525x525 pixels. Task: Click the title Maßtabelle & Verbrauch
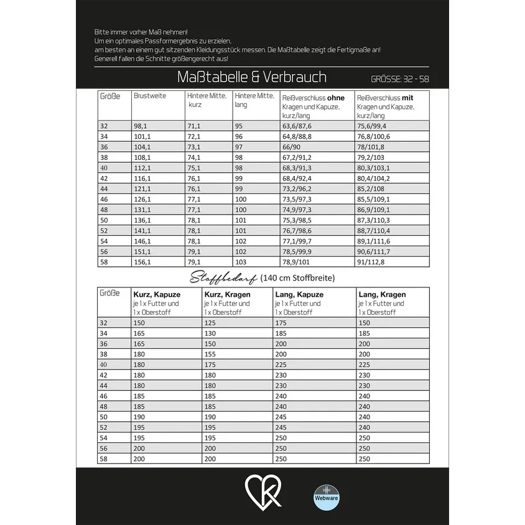[251, 77]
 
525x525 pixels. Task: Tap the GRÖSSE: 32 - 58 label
[399, 80]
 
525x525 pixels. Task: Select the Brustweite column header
[150, 96]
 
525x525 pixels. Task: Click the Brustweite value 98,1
[142, 126]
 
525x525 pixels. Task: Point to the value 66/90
[292, 147]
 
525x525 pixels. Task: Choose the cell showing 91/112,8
[371, 262]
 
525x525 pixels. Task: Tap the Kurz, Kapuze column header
[157, 294]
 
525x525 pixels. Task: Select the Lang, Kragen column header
[382, 294]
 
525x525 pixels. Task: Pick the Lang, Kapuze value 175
[281, 323]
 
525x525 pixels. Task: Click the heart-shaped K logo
[262, 491]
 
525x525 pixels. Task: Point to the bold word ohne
[335, 98]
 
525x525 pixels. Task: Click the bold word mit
[407, 98]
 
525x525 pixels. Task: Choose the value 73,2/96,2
[296, 188]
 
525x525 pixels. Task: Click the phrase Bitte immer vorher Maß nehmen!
[141, 32]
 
